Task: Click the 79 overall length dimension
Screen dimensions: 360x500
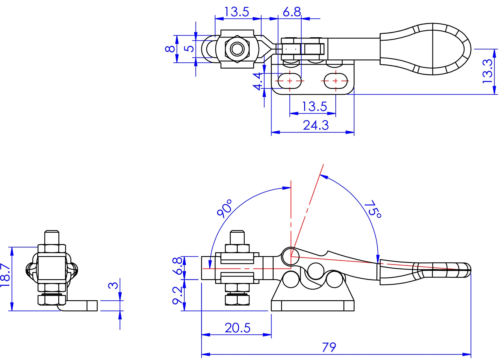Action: pyautogui.click(x=329, y=347)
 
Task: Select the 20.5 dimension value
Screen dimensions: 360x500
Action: pyautogui.click(x=237, y=328)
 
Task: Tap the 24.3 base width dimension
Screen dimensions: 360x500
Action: pyautogui.click(x=316, y=125)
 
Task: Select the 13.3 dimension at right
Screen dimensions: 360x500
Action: pyautogui.click(x=488, y=71)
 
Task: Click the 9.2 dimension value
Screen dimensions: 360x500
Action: pyautogui.click(x=178, y=295)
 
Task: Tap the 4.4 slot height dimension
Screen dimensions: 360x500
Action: pyautogui.click(x=258, y=81)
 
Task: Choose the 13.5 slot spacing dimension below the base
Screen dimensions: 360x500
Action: pyautogui.click(x=315, y=107)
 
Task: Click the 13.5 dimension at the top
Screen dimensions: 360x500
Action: pyautogui.click(x=236, y=12)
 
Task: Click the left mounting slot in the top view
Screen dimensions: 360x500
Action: pyautogui.click(x=289, y=81)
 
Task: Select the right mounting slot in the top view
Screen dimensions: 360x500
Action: pyautogui.click(x=336, y=81)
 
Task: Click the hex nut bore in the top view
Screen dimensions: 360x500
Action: pyautogui.click(x=237, y=49)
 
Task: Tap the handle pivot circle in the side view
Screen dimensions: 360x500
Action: pyautogui.click(x=290, y=256)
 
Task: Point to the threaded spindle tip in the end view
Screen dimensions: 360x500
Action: pyautogui.click(x=52, y=237)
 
